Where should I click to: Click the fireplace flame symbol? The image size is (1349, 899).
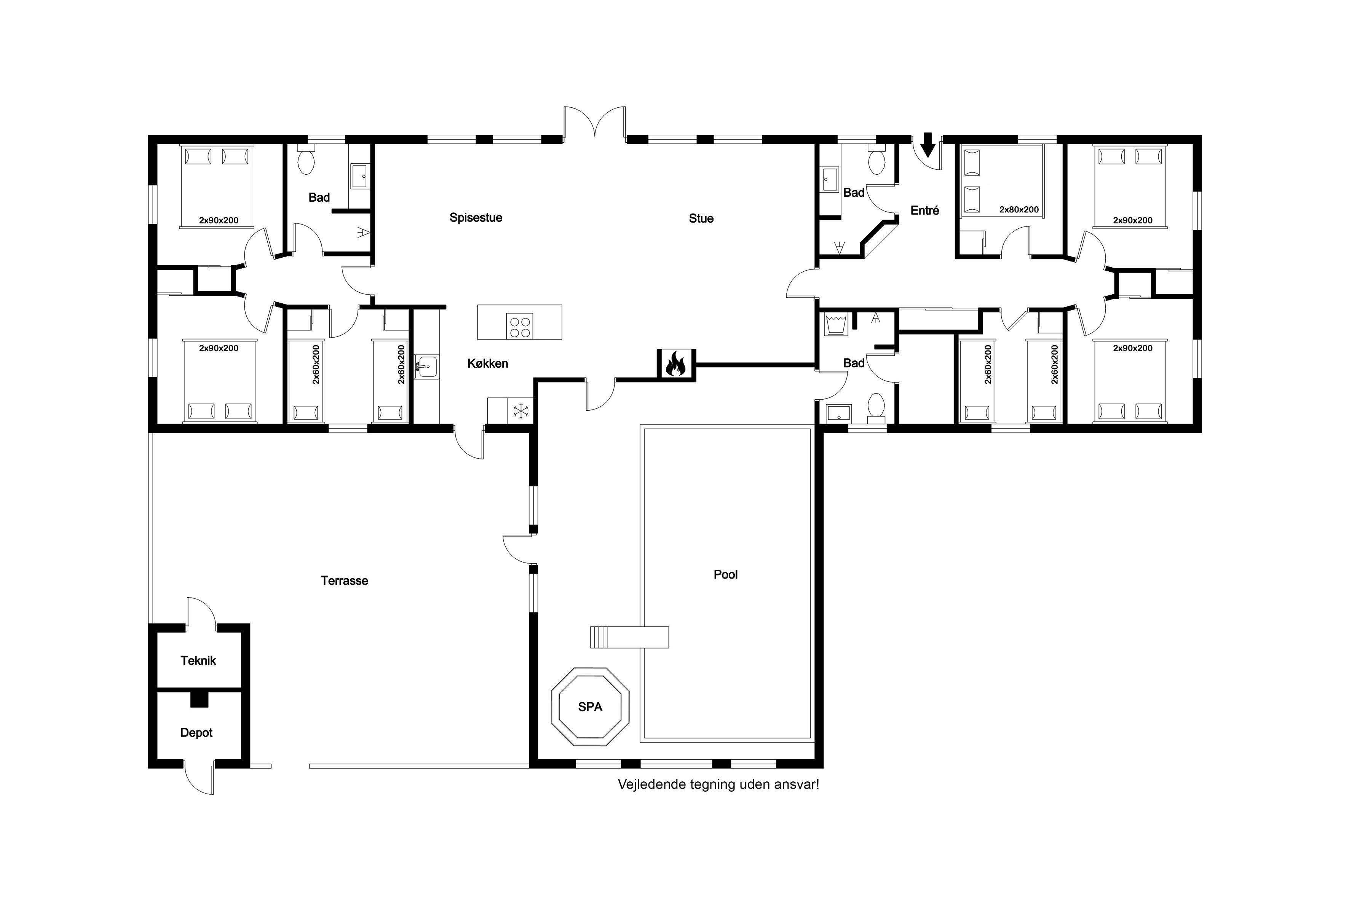click(x=676, y=364)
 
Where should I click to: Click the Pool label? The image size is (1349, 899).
click(x=726, y=574)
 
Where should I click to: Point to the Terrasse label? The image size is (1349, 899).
click(x=344, y=581)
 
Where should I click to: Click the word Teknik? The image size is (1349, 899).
click(x=198, y=660)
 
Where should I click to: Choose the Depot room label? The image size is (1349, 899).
click(x=196, y=733)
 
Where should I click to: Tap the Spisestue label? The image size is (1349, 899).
click(x=476, y=218)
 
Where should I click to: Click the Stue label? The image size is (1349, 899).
click(x=701, y=218)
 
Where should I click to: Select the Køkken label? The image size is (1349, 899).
click(x=487, y=363)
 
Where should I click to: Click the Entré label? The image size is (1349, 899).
click(x=924, y=210)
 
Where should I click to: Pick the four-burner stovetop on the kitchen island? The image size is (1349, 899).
click(x=520, y=326)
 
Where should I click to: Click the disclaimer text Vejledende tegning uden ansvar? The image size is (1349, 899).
click(x=718, y=784)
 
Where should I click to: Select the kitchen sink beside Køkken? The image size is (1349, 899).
click(x=426, y=367)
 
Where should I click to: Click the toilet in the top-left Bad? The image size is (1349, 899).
click(x=306, y=160)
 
